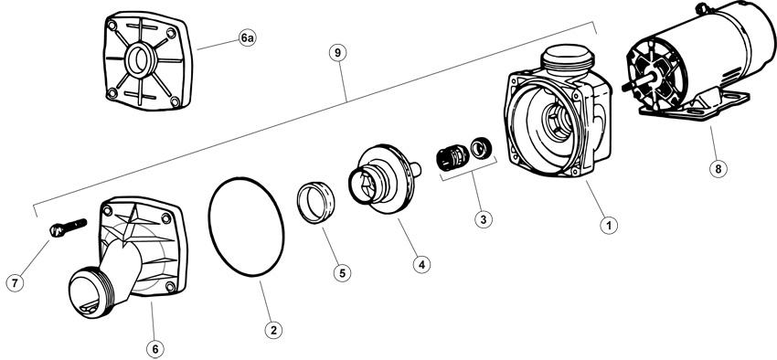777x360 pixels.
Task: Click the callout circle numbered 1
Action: click(x=609, y=226)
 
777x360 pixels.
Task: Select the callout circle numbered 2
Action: click(x=273, y=330)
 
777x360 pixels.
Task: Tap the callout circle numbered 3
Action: click(x=484, y=219)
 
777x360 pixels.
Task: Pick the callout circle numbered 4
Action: click(x=421, y=264)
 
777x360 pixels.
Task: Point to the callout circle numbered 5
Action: click(x=342, y=273)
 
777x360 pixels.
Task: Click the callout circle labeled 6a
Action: click(x=248, y=37)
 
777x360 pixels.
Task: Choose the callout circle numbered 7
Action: click(x=15, y=282)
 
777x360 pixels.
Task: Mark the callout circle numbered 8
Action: click(x=718, y=169)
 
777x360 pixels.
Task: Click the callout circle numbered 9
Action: click(x=337, y=54)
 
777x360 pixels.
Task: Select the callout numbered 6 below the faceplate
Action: click(x=155, y=349)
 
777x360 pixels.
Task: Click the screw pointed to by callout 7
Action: click(x=69, y=228)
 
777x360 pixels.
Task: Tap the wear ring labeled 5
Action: click(x=315, y=203)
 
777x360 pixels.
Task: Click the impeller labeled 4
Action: click(x=385, y=180)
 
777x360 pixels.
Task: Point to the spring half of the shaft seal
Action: click(x=452, y=157)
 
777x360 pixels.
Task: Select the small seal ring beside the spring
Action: click(x=481, y=148)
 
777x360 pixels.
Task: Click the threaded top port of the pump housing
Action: click(x=568, y=59)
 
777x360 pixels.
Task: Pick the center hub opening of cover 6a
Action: click(x=138, y=60)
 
